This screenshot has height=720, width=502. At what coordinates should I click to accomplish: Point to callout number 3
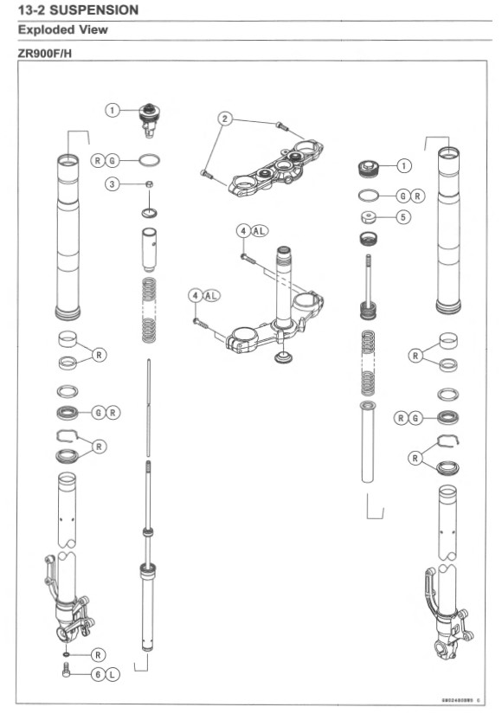click(x=113, y=183)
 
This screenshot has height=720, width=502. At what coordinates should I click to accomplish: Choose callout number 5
click(x=402, y=217)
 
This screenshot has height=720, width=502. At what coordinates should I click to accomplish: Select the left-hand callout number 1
click(x=113, y=110)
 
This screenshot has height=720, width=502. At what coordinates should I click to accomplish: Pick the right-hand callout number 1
click(x=403, y=164)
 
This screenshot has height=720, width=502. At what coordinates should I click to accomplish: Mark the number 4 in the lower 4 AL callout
click(x=196, y=295)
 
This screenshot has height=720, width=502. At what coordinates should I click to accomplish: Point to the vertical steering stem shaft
click(x=282, y=286)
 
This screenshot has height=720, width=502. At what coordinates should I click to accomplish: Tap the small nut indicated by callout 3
click(x=150, y=183)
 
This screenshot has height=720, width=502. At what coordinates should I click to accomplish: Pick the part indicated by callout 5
click(x=368, y=216)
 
